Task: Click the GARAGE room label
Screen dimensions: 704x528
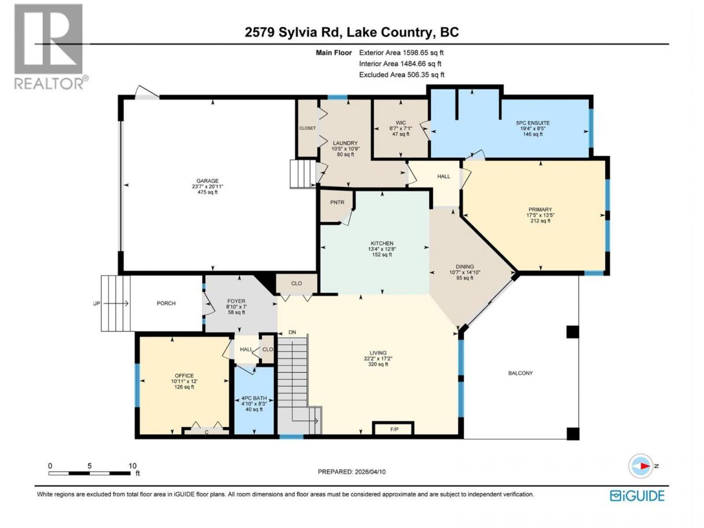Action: [x=207, y=181]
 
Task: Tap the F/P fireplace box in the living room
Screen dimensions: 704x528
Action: [x=394, y=429]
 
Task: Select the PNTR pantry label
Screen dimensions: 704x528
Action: [x=337, y=203]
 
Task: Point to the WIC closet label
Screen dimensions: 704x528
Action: [x=401, y=123]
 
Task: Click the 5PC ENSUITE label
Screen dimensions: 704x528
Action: [x=533, y=123]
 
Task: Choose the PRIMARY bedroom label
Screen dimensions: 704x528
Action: [x=540, y=210]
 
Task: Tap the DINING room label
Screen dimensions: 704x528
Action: [x=465, y=266]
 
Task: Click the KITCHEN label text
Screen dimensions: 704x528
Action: [x=382, y=243]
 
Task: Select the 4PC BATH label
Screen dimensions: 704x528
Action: [x=254, y=398]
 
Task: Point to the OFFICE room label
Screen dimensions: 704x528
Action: [x=184, y=375]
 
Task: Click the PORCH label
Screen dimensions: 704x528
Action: [x=166, y=303]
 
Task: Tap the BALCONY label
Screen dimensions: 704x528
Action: [x=520, y=373]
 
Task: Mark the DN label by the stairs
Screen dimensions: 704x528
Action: [x=292, y=332]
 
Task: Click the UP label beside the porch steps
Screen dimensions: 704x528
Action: [x=96, y=303]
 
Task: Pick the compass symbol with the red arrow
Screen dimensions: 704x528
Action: [x=641, y=467]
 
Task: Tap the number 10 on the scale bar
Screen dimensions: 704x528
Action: [x=133, y=465]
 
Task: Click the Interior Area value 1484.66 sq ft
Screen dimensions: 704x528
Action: [x=421, y=64]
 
